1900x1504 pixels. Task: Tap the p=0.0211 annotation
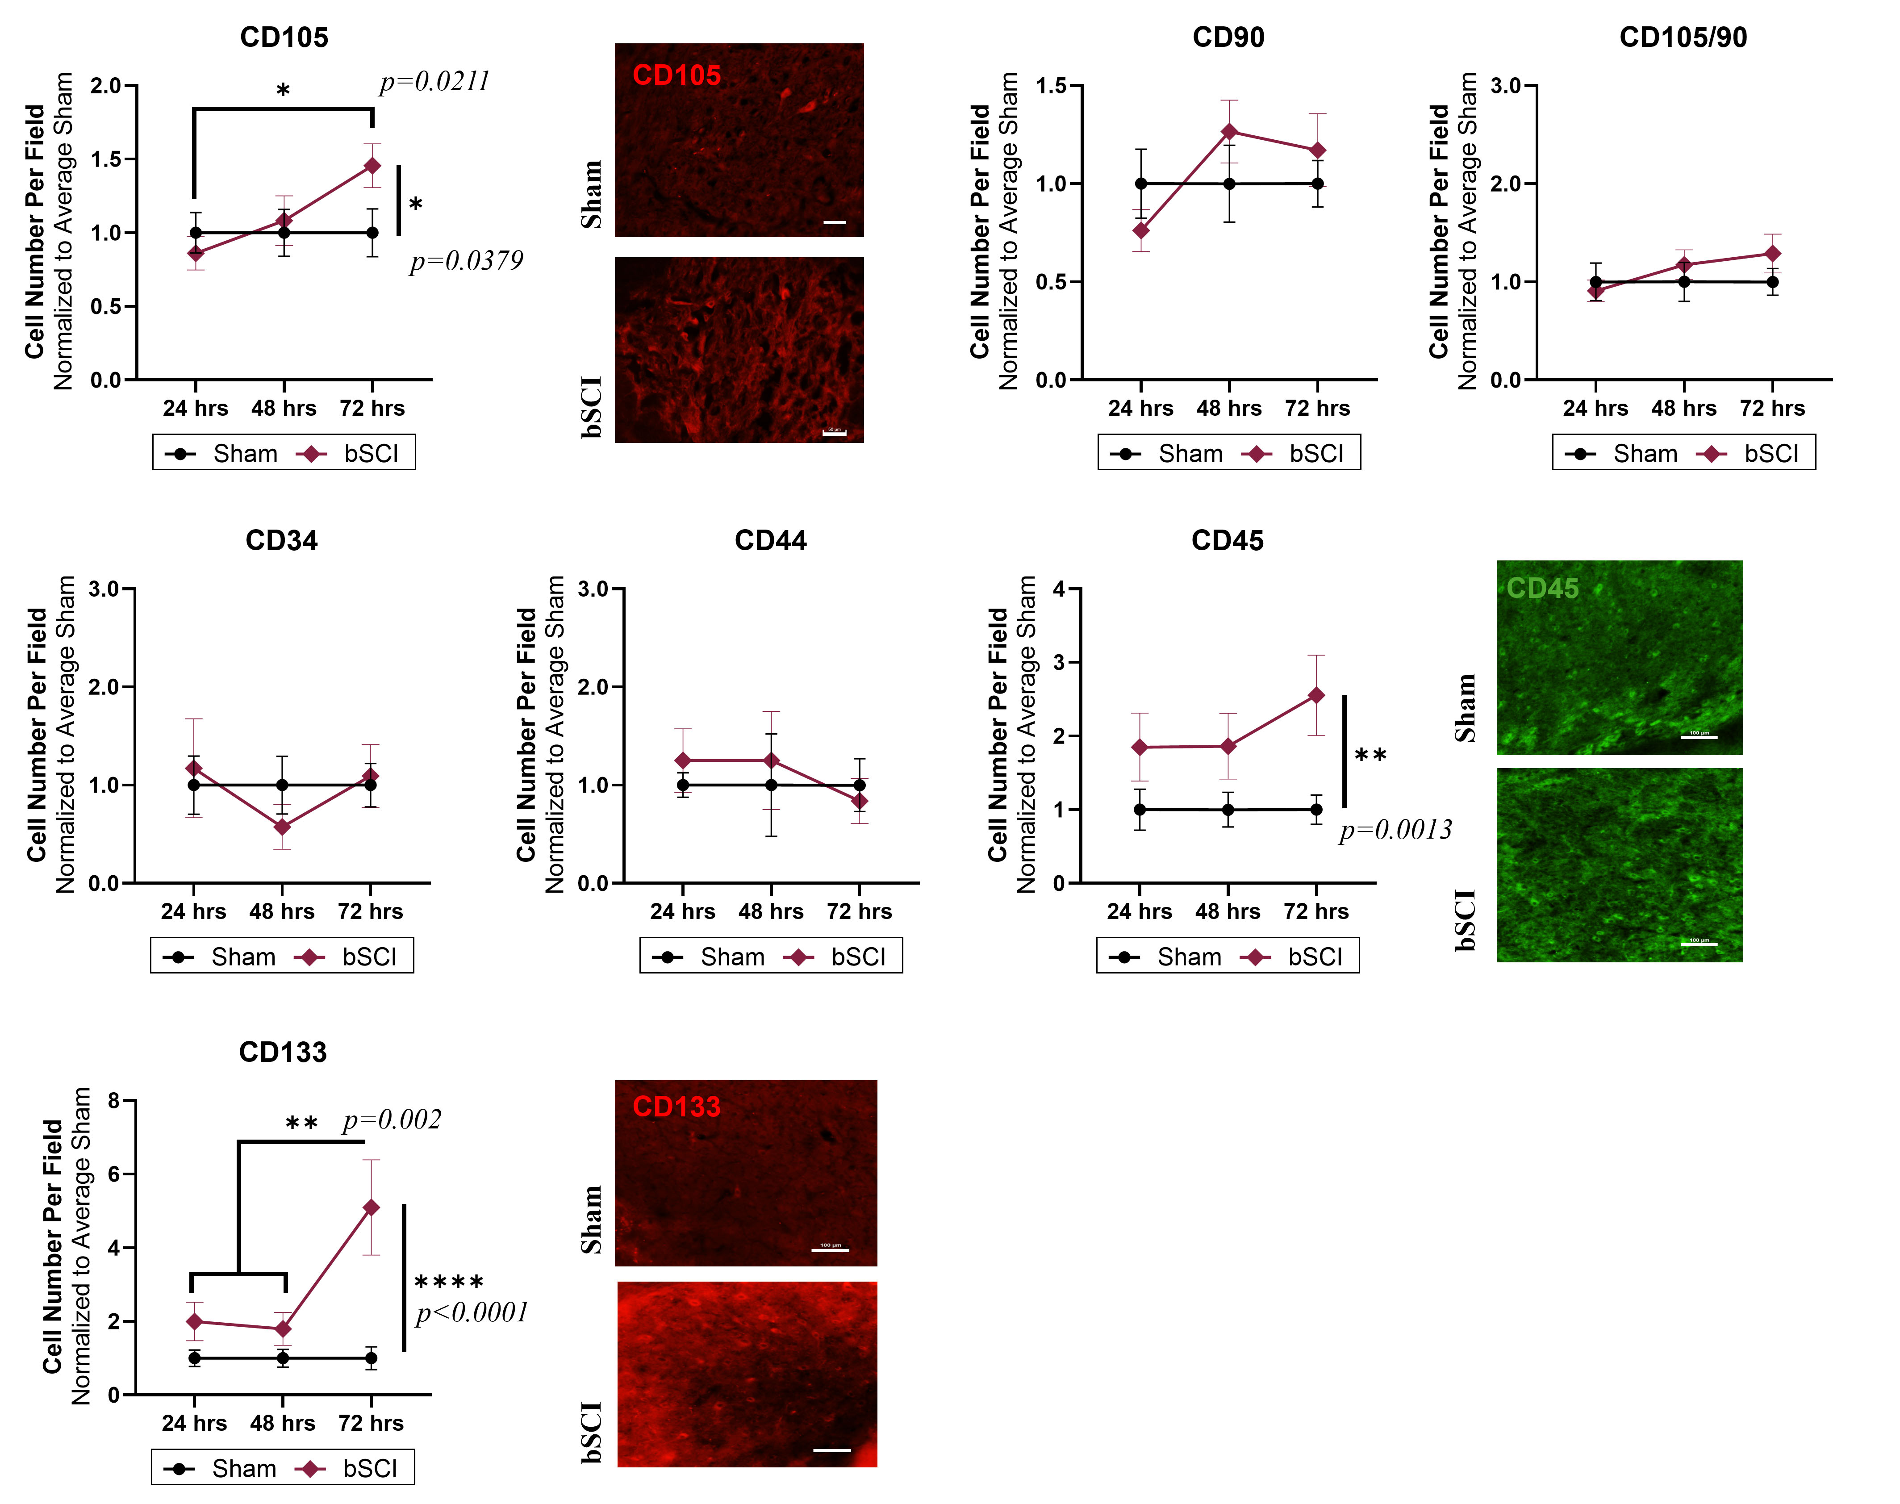[434, 82]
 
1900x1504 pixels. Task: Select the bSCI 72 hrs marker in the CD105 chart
[372, 166]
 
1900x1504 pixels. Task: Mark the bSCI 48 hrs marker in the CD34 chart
[282, 827]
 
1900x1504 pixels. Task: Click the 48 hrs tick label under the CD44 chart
[770, 911]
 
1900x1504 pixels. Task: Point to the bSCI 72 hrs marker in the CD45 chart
[1316, 695]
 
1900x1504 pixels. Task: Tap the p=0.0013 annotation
[1395, 830]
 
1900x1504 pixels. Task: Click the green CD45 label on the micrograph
[1542, 588]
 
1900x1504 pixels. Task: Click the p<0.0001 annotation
[472, 1313]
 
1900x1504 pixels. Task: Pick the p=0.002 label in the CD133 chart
[392, 1120]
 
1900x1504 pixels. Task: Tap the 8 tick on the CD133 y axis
[113, 1101]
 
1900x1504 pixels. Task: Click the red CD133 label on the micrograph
[676, 1107]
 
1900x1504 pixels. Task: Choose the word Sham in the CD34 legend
[243, 957]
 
